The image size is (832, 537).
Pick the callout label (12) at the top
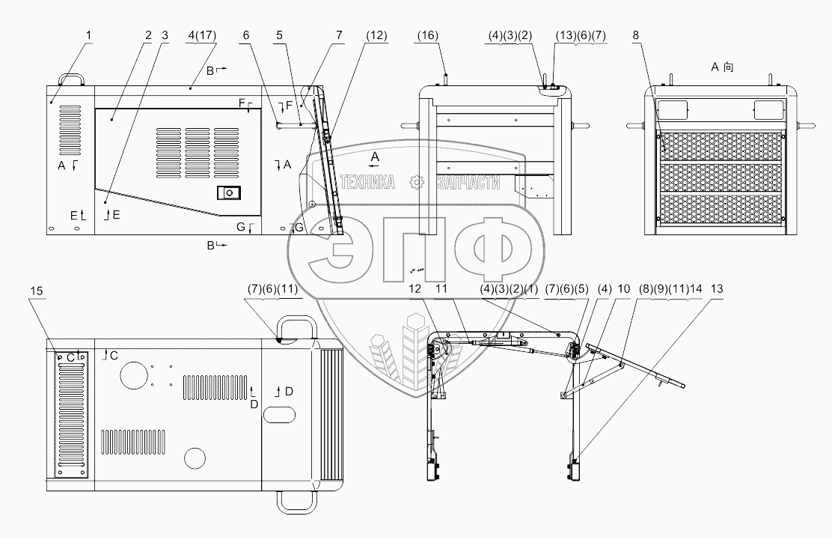[376, 34]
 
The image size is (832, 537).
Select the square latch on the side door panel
[226, 193]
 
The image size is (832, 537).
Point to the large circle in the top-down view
[135, 376]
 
